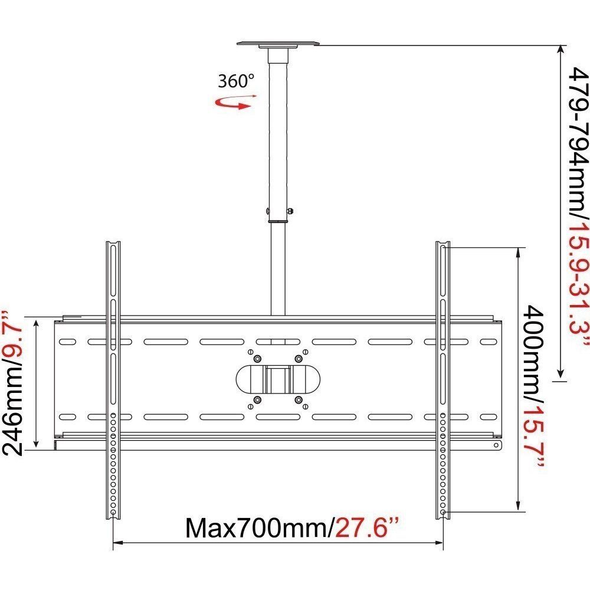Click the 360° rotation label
click(x=236, y=81)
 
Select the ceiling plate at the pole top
click(x=278, y=44)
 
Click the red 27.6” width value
click(x=366, y=528)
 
